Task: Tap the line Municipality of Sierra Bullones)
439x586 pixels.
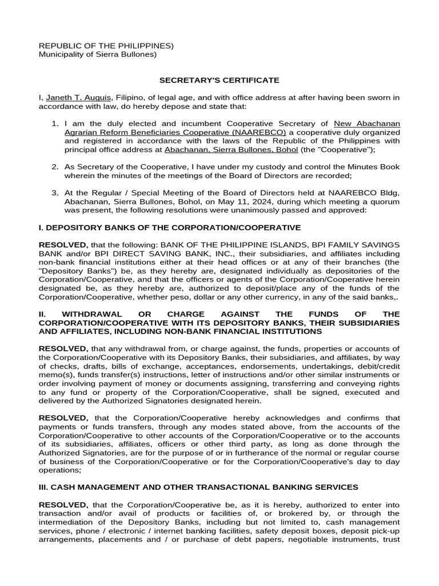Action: pyautogui.click(x=97, y=54)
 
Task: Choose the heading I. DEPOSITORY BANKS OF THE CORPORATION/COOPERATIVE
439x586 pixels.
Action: pyautogui.click(x=169, y=227)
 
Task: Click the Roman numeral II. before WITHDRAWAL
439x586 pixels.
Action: pyautogui.click(x=42, y=314)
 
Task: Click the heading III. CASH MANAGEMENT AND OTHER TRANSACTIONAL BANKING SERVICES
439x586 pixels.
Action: pyautogui.click(x=198, y=487)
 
